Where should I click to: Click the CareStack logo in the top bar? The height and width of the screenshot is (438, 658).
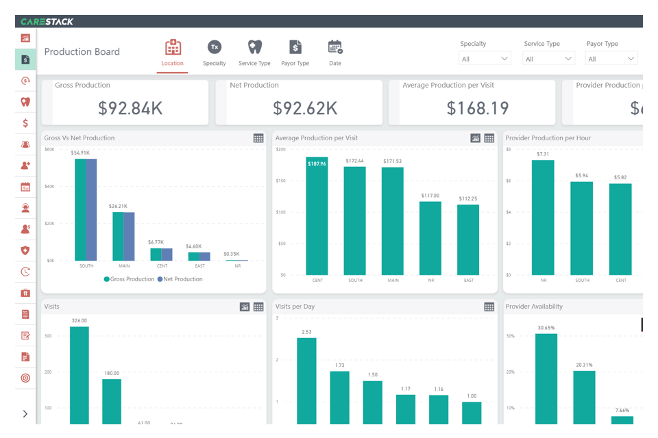click(47, 21)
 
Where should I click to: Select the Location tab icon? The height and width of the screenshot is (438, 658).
click(173, 48)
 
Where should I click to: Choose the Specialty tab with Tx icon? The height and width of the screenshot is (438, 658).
click(215, 48)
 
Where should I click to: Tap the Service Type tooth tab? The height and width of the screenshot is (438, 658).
click(254, 48)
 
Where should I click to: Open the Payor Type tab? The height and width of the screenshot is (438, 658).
click(295, 48)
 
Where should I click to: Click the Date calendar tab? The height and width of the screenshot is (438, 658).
click(335, 48)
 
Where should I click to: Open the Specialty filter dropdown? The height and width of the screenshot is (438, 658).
click(485, 59)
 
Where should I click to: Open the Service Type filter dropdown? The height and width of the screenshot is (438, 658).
click(548, 59)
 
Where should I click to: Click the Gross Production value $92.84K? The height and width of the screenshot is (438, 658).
click(130, 108)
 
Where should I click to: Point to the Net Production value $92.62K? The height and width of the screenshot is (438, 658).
click(305, 108)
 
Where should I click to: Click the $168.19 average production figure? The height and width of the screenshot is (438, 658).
click(478, 108)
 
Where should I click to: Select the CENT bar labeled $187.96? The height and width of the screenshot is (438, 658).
click(317, 216)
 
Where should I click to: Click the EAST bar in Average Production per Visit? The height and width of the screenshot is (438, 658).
click(468, 240)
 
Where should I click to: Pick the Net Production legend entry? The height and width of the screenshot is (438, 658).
click(180, 279)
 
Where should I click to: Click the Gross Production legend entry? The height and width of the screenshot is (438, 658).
click(129, 279)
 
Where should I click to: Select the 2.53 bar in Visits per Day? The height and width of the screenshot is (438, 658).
click(306, 381)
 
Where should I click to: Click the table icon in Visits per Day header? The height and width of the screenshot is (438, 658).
click(489, 307)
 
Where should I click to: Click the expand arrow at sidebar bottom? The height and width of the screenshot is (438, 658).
click(25, 413)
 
